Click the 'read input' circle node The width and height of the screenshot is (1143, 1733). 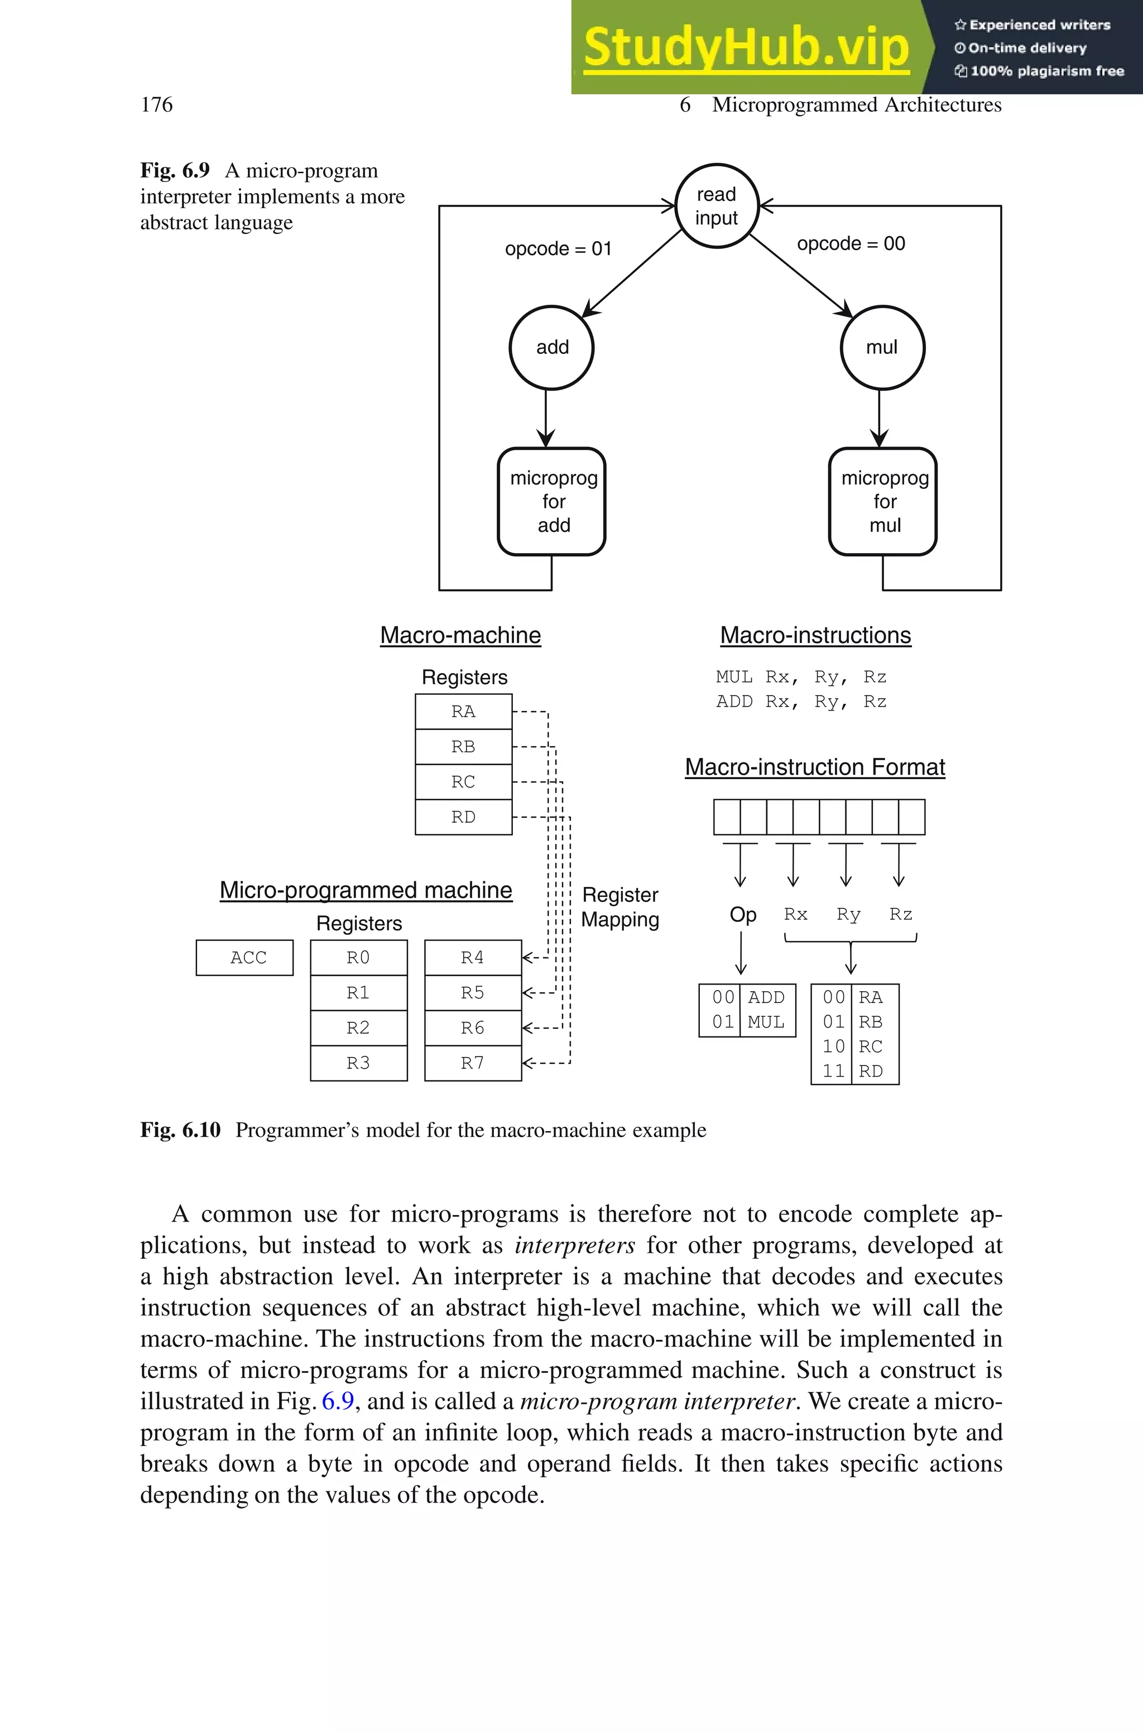(x=717, y=207)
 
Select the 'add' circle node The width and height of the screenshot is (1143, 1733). (x=552, y=348)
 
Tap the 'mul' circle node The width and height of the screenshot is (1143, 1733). (x=882, y=348)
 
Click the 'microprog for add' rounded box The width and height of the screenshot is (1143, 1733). (x=553, y=501)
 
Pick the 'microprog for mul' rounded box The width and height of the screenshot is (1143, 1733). (x=883, y=501)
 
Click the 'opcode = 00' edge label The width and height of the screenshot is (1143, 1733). (x=851, y=243)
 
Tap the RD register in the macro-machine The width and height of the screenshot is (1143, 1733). (x=464, y=817)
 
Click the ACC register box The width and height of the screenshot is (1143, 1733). (x=245, y=958)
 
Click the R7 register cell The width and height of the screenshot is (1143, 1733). (x=472, y=1063)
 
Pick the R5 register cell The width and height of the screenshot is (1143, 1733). (x=472, y=992)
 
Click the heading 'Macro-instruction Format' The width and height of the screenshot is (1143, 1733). (x=815, y=767)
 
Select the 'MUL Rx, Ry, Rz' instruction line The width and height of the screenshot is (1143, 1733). (x=801, y=677)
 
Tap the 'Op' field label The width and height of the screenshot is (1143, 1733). (x=743, y=915)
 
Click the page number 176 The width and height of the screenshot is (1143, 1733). (x=157, y=105)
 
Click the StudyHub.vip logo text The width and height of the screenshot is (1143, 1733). (x=746, y=47)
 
